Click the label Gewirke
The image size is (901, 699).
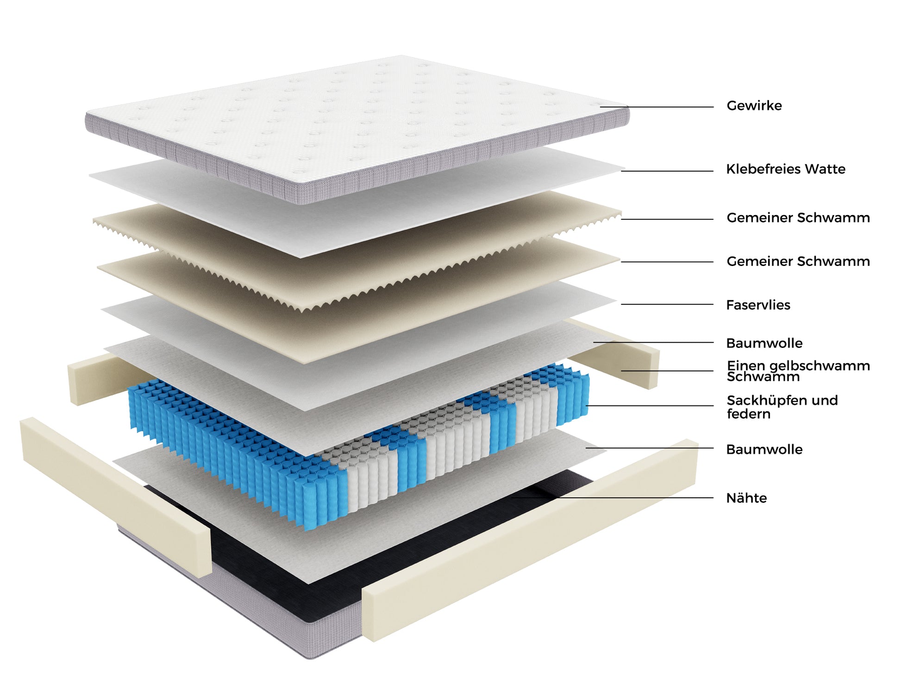pyautogui.click(x=754, y=106)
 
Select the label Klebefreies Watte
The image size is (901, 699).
pyautogui.click(x=785, y=169)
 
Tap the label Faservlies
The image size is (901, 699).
pyautogui.click(x=758, y=305)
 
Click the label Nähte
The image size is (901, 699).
pyautogui.click(x=746, y=498)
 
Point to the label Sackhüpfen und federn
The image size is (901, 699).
pyautogui.click(x=782, y=407)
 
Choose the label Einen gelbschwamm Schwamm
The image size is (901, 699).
pyautogui.click(x=798, y=371)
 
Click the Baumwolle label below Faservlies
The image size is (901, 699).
pyautogui.click(x=764, y=343)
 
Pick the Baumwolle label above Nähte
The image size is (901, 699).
pyautogui.click(x=764, y=450)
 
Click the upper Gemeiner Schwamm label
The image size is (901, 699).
pyautogui.click(x=798, y=218)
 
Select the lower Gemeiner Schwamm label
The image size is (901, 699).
pyautogui.click(x=798, y=261)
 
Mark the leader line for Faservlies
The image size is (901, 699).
pyautogui.click(x=667, y=304)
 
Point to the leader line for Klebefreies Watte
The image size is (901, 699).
pyautogui.click(x=667, y=171)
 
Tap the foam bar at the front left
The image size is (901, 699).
pyautogui.click(x=116, y=495)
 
